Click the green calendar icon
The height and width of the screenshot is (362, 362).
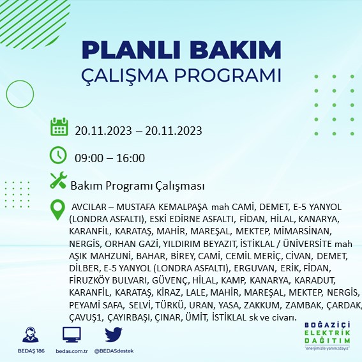(59, 126)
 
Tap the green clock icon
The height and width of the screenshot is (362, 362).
(58, 155)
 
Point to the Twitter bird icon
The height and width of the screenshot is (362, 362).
(114, 335)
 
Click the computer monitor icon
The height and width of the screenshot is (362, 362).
(72, 335)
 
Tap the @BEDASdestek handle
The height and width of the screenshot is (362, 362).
(114, 352)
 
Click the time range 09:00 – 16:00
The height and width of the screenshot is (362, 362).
(110, 158)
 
